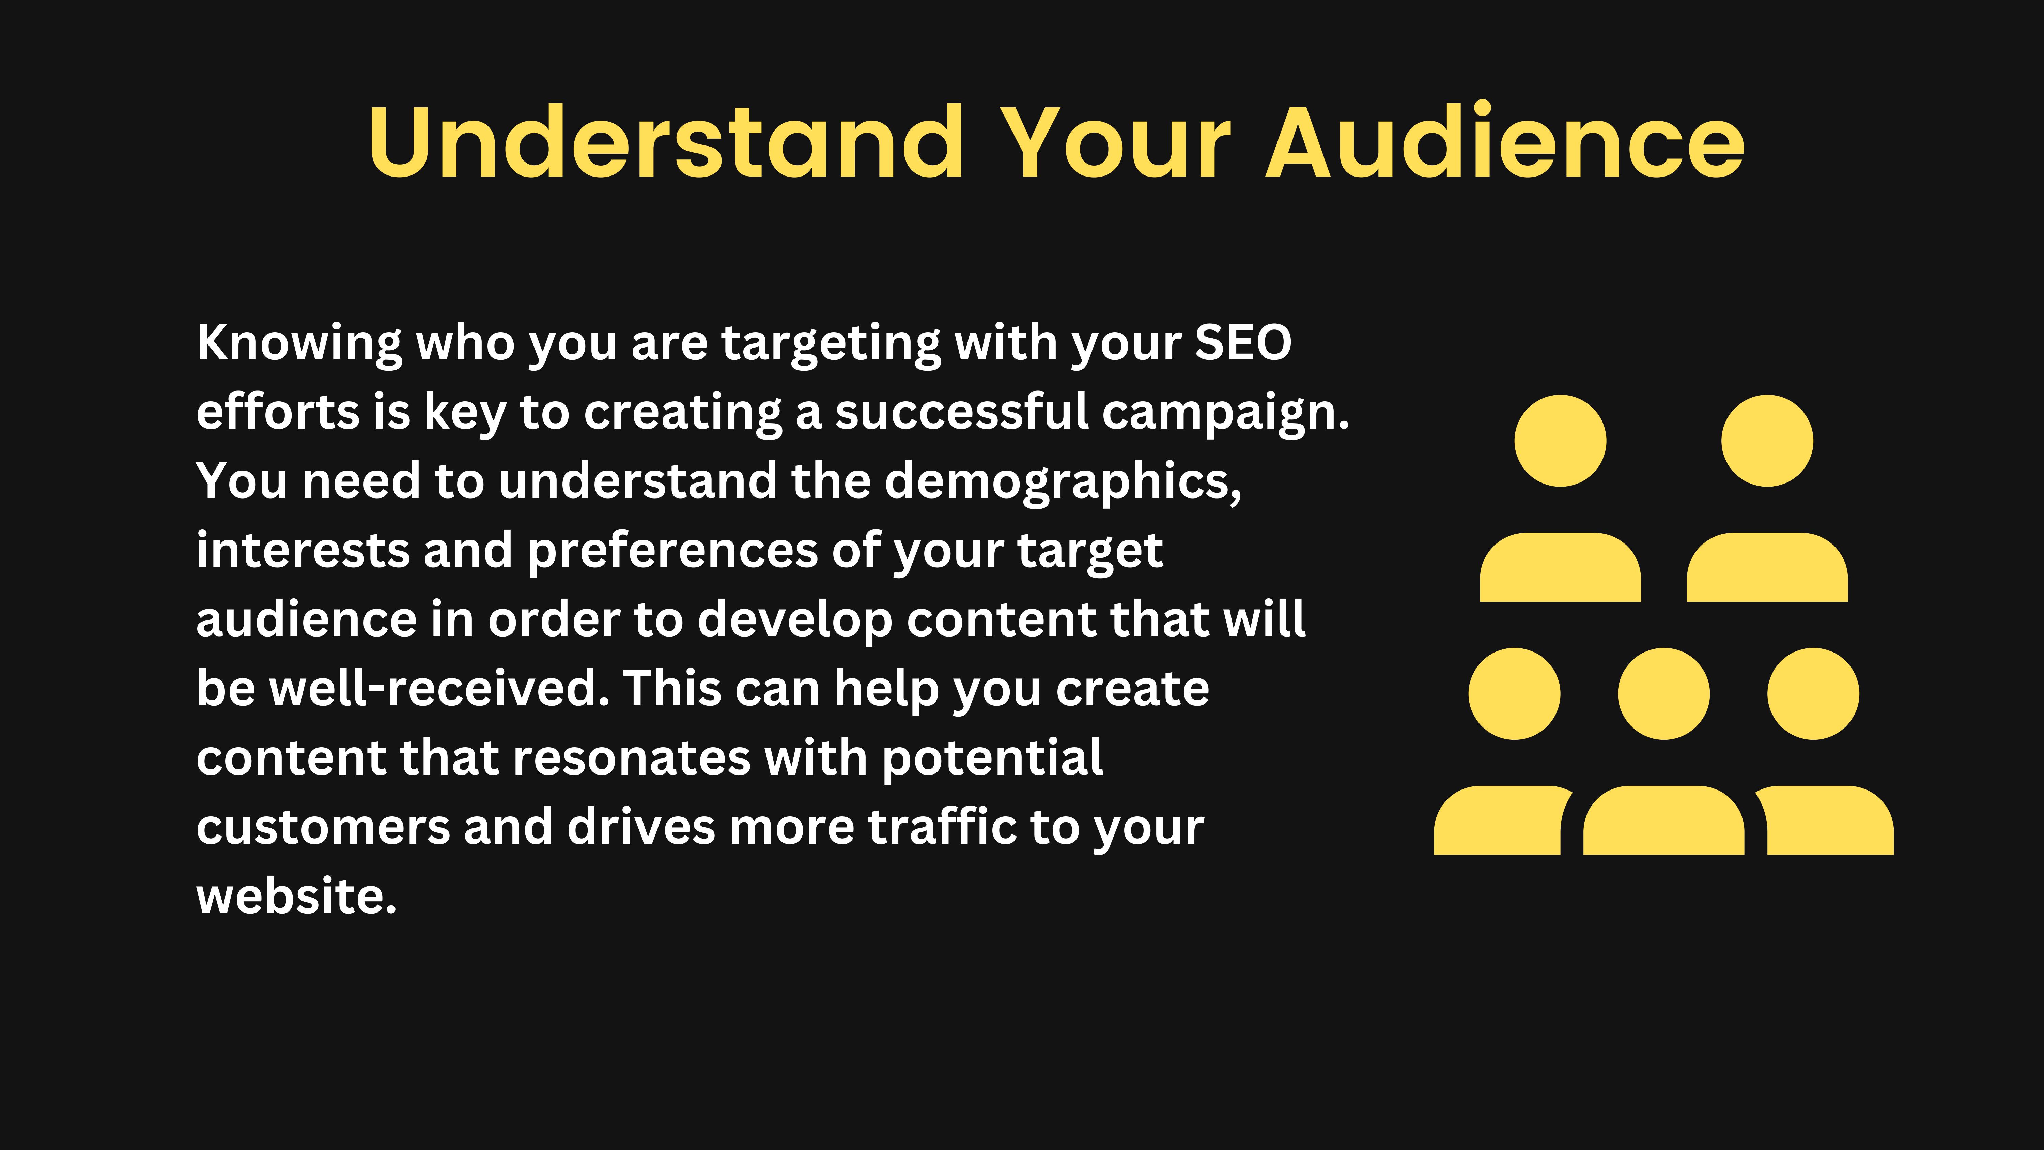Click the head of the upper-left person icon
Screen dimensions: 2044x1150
click(1560, 441)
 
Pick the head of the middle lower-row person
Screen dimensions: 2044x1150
click(1663, 694)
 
